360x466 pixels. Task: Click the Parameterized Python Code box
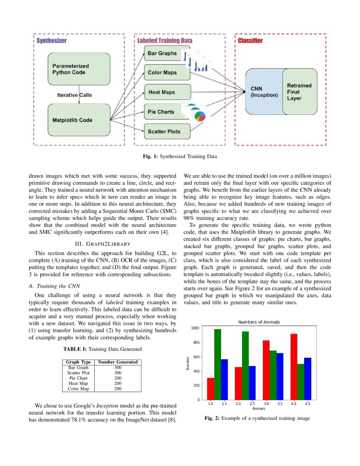pyautogui.click(x=78, y=69)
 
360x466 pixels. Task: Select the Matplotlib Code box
pyautogui.click(x=78, y=120)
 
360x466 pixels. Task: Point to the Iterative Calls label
pyautogui.click(x=75, y=95)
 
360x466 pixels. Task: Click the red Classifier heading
pyautogui.click(x=250, y=41)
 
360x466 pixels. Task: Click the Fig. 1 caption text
pyautogui.click(x=180, y=156)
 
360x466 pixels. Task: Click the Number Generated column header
pyautogui.click(x=118, y=362)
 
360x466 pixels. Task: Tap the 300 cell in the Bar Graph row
pyautogui.click(x=118, y=367)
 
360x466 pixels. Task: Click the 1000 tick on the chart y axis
pyautogui.click(x=195, y=328)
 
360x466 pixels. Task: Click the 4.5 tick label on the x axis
pyautogui.click(x=307, y=404)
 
